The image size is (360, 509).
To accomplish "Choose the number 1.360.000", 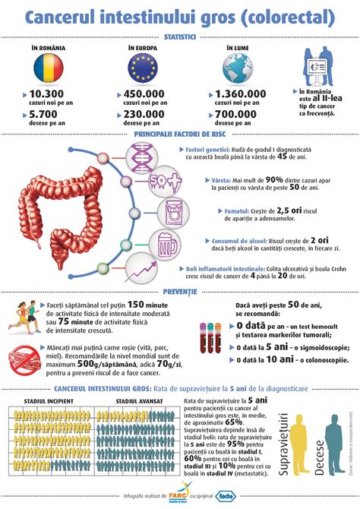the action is point(240,94).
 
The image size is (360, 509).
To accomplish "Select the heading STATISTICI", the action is point(180,36).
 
